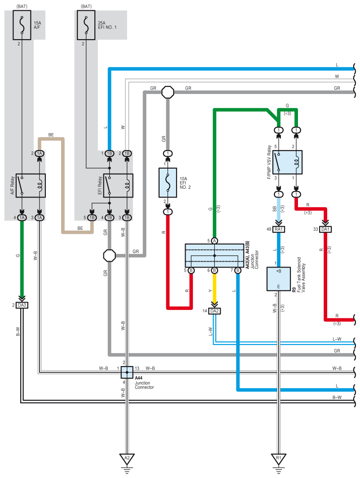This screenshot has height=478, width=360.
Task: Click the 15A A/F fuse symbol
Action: (x=22, y=25)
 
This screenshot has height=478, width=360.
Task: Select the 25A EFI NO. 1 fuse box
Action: (x=86, y=25)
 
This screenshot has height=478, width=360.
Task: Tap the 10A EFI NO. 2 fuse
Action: (x=168, y=183)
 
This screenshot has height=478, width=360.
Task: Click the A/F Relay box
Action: (x=31, y=186)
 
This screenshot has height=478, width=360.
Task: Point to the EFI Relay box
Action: (x=118, y=186)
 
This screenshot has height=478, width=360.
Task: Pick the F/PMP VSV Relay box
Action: (x=287, y=162)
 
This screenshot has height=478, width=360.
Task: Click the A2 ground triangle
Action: (x=127, y=458)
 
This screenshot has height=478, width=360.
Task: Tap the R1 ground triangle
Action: (x=279, y=458)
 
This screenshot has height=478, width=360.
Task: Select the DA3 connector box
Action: (x=22, y=305)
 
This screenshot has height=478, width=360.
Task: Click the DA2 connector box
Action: (x=214, y=311)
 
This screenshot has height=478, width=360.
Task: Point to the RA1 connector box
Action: (x=279, y=229)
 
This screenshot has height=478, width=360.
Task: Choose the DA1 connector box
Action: (x=325, y=229)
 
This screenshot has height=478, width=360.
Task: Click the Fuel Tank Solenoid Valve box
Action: (x=279, y=279)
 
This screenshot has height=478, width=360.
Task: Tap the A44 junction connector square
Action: (x=127, y=372)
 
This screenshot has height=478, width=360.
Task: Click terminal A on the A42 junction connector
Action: (x=214, y=241)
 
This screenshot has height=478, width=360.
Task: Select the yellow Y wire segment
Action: (x=214, y=288)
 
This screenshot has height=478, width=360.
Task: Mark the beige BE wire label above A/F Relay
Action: (x=51, y=135)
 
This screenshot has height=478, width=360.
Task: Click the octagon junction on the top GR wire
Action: (x=168, y=92)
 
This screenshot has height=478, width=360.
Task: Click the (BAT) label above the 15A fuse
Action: (x=22, y=6)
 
